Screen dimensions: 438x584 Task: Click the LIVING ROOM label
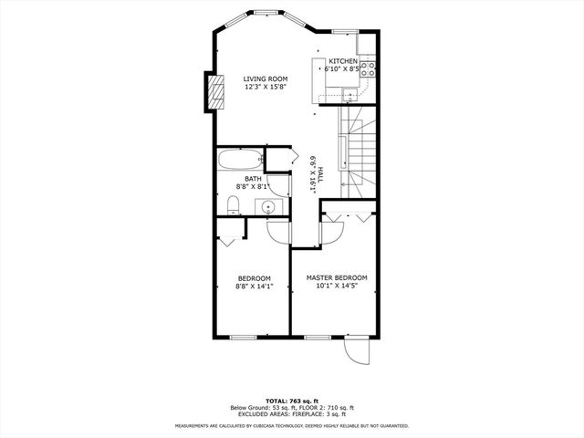click(265, 79)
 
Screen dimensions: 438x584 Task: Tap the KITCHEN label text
click(343, 61)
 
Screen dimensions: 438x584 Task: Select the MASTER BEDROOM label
click(337, 277)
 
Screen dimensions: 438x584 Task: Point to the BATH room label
click(240, 179)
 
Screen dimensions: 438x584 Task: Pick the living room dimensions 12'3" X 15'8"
click(265, 88)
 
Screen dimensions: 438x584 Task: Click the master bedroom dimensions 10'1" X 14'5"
click(337, 286)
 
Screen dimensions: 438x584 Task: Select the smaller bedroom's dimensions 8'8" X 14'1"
click(254, 287)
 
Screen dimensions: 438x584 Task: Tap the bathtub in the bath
click(241, 160)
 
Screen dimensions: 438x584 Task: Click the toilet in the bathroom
click(233, 203)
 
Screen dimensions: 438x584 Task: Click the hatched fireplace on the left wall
click(215, 91)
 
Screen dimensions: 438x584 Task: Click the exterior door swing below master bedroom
click(355, 351)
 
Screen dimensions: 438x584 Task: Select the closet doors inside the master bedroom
click(347, 216)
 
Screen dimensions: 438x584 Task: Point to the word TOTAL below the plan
click(277, 401)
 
